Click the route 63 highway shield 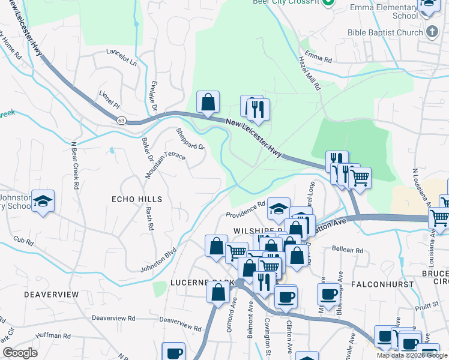pos(121,121)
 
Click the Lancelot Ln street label pos(121,62)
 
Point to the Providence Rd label pos(246,209)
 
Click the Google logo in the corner pos(20,353)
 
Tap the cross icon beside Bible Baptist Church pos(431,31)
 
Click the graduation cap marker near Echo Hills pos(43,201)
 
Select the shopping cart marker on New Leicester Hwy pos(360,177)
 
